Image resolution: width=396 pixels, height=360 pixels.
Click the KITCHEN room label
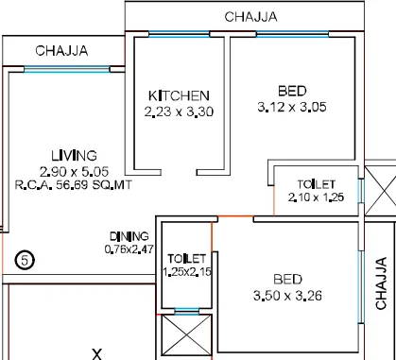tap(179, 95)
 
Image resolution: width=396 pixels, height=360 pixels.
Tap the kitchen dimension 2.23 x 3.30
tap(179, 111)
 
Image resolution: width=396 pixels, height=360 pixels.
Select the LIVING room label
tap(74, 156)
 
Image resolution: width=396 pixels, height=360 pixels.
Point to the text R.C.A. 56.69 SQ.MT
tap(74, 185)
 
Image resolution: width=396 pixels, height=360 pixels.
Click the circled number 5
tap(25, 260)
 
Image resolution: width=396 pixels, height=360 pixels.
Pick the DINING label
tap(129, 236)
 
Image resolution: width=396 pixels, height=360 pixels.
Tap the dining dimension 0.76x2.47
tap(129, 249)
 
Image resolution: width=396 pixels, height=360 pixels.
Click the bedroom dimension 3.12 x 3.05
tap(292, 107)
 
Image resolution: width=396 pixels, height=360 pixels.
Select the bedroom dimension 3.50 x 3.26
tap(287, 296)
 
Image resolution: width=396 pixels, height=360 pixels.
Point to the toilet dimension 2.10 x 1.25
tap(316, 197)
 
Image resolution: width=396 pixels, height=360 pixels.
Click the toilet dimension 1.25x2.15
tap(187, 272)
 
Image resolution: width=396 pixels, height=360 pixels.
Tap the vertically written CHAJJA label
tap(381, 283)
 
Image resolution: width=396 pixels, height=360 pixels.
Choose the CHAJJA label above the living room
tap(61, 51)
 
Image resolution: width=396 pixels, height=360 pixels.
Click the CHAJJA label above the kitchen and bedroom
tap(250, 17)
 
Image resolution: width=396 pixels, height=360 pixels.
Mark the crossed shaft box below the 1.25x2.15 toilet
tap(187, 335)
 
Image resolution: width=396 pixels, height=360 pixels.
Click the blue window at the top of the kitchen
tap(179, 34)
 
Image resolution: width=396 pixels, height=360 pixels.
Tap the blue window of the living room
tap(67, 69)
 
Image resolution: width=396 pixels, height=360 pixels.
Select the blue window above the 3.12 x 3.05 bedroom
tap(293, 34)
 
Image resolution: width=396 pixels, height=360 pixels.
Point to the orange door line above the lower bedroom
tap(235, 216)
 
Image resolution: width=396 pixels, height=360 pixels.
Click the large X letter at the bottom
tap(97, 354)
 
